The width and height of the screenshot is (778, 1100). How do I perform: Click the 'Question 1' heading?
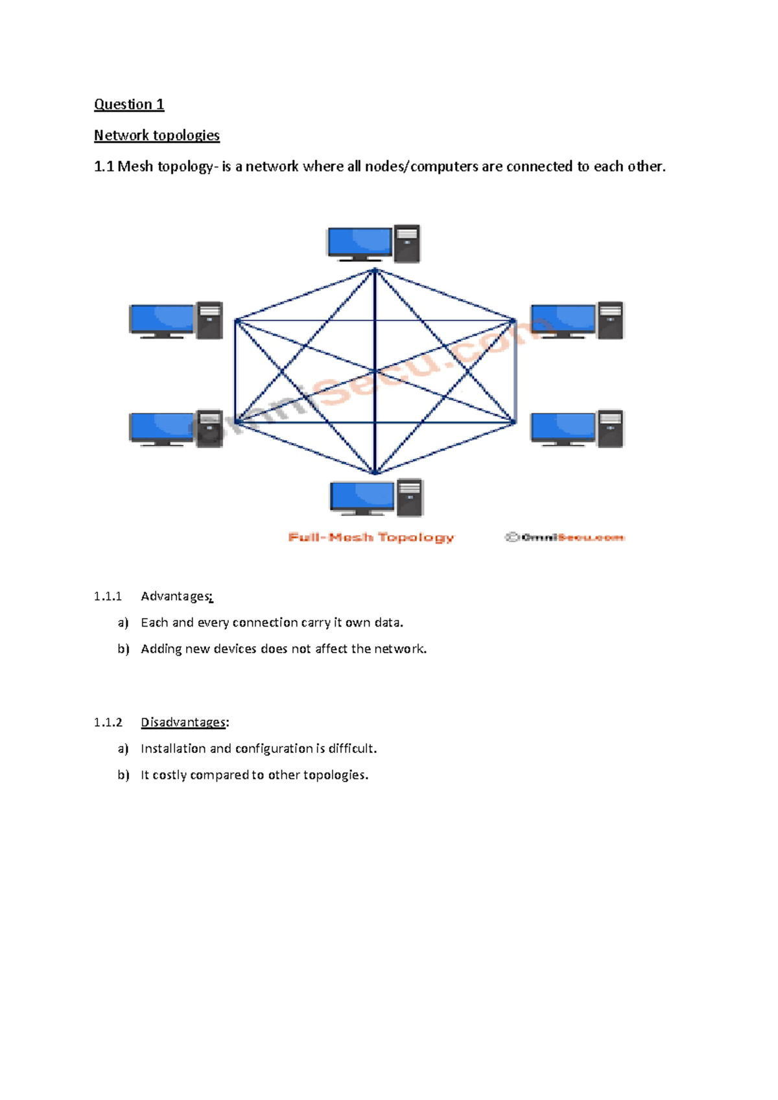tap(129, 104)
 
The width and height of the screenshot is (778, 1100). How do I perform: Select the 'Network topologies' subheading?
tap(157, 136)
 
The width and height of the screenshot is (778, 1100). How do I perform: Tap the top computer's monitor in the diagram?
tap(359, 242)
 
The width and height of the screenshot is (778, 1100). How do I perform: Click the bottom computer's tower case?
tap(410, 497)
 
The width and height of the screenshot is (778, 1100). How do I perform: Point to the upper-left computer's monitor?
tap(162, 320)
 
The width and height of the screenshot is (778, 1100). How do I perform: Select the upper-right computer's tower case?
tap(610, 320)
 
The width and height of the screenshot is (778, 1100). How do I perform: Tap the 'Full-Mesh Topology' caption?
tap(371, 538)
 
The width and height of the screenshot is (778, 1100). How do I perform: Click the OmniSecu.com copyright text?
tap(565, 538)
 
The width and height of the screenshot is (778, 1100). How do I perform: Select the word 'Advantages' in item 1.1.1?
tap(176, 597)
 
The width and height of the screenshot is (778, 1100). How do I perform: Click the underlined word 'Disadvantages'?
tap(183, 723)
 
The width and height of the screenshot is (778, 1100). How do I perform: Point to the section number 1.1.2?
tap(108, 723)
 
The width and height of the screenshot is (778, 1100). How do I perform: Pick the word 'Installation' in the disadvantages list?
tap(173, 748)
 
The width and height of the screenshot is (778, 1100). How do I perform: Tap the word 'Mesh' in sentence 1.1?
tap(135, 167)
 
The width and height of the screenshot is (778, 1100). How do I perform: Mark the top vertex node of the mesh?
tap(375, 270)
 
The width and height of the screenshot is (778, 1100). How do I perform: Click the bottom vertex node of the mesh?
tap(375, 472)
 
